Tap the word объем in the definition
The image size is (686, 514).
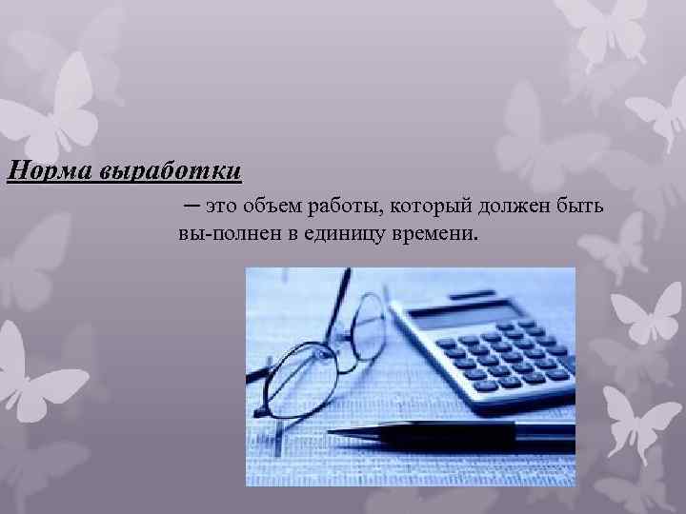(x=273, y=207)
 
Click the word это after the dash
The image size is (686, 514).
(x=216, y=207)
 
